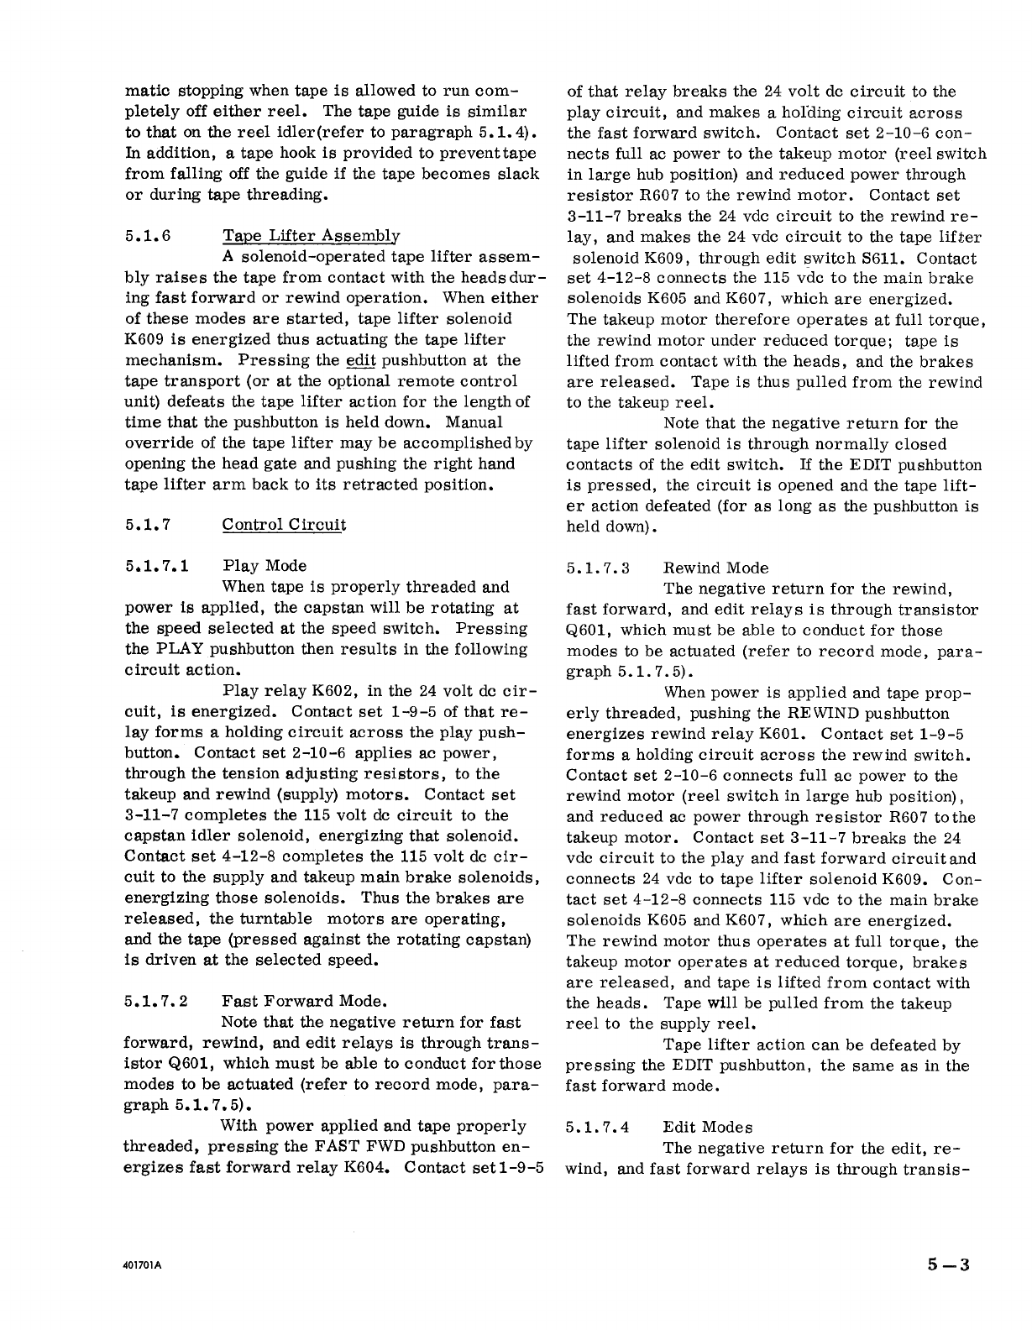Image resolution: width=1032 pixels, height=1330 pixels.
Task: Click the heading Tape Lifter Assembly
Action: point(311,237)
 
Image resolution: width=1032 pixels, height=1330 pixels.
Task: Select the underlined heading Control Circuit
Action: point(284,526)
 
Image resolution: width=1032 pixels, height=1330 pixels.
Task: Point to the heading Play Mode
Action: point(265,566)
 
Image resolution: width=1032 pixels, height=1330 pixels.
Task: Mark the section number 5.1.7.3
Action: point(597,568)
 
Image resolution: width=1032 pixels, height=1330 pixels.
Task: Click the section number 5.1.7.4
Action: point(597,1128)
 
